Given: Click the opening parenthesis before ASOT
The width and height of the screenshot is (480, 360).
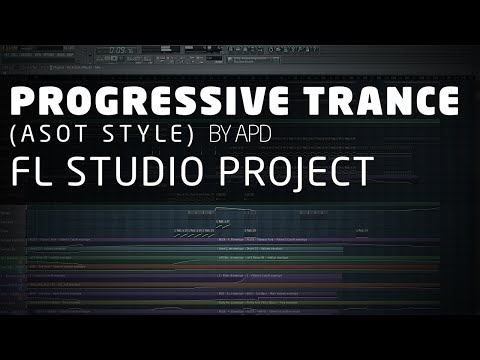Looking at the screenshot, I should (x=14, y=134).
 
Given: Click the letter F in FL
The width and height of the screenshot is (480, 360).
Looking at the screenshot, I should (x=21, y=171).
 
